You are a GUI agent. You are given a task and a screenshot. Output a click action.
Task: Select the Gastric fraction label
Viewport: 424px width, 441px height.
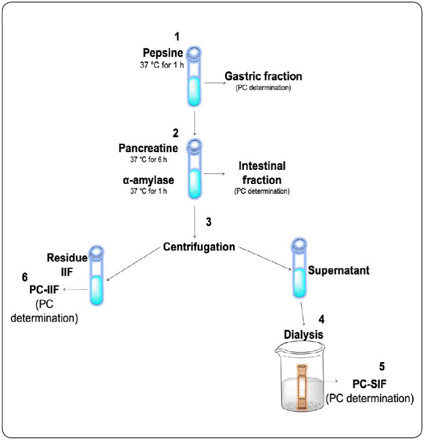263,76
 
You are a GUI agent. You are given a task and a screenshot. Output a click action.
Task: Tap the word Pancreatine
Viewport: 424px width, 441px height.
148,148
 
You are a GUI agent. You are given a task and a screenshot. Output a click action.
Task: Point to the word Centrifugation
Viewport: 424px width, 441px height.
199,247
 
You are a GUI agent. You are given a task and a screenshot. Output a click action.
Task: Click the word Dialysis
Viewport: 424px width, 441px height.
301,335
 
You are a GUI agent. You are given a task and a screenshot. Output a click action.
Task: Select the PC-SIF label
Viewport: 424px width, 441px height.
371,384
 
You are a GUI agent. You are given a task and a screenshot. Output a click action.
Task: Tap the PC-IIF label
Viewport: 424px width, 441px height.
46,289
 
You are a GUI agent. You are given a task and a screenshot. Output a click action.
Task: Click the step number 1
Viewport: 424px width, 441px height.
177,37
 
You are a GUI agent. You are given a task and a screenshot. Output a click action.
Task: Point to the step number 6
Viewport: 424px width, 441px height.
24,276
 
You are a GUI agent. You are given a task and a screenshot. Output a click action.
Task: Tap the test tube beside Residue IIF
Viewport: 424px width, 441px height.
97,275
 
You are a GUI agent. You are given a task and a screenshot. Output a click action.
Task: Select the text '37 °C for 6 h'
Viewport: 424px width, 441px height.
148,160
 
